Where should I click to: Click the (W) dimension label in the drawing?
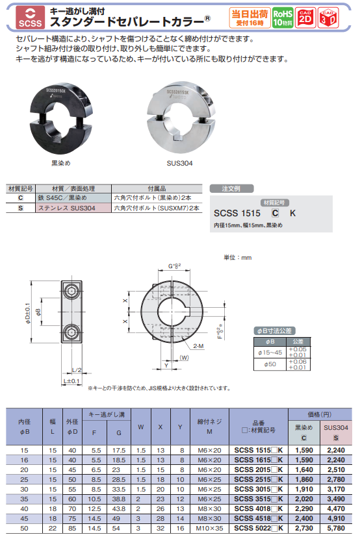[x=184, y=357]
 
